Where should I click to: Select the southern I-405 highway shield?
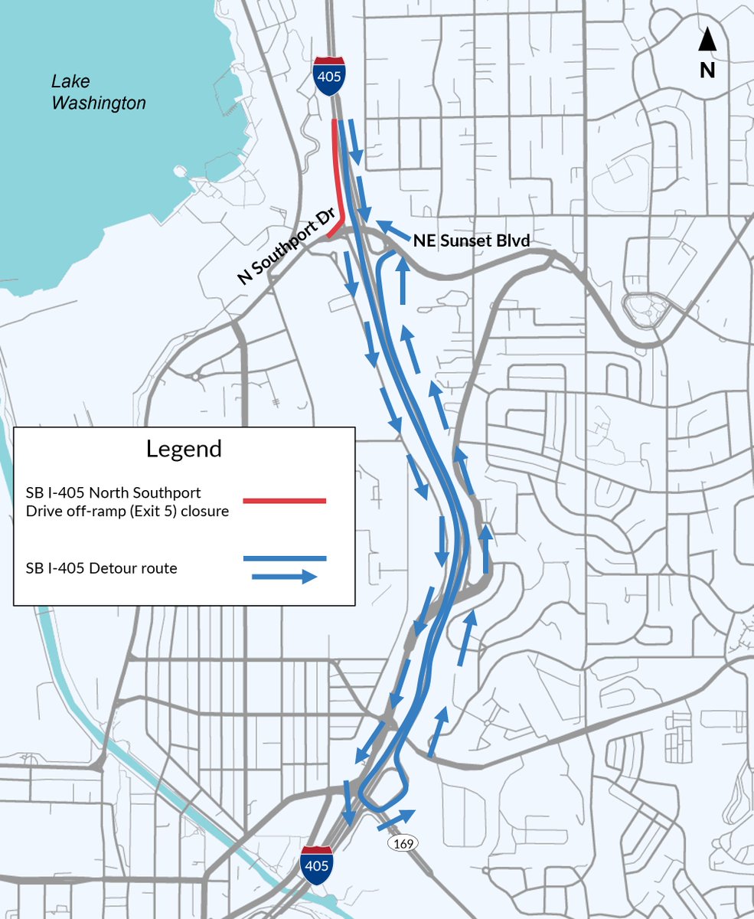point(316,865)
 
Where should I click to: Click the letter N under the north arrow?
point(707,70)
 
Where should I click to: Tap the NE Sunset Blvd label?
point(472,240)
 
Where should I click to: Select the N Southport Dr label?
point(288,250)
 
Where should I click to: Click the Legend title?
point(184,449)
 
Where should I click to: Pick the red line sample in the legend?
point(285,501)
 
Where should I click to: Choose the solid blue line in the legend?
point(285,559)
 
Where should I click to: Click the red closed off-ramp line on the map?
point(336,176)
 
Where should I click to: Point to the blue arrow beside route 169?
point(396,818)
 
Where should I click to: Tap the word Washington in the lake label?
point(98,102)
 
